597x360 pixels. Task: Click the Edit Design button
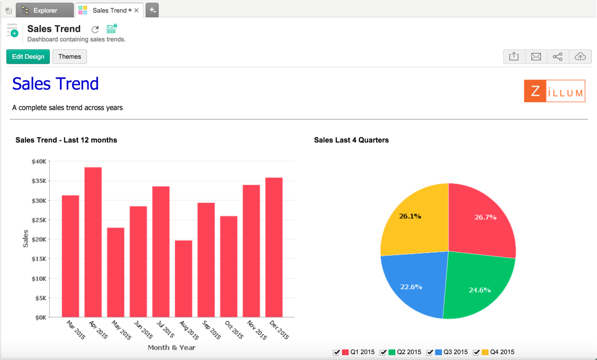28,57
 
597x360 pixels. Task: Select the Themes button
70,57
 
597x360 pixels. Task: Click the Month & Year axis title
171,347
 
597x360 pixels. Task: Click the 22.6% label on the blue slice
411,287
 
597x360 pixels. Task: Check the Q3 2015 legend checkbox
430,353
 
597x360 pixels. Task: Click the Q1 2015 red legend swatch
346,352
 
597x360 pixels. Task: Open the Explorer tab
45,10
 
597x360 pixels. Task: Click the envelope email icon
536,57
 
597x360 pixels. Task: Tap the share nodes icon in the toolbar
558,57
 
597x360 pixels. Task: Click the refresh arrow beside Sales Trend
95,29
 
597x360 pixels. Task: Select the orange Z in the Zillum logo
535,91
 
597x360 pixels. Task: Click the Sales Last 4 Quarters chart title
351,140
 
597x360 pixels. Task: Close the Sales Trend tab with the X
137,10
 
